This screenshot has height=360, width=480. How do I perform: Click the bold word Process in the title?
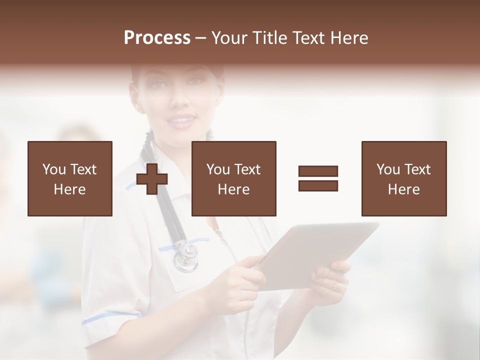(x=157, y=38)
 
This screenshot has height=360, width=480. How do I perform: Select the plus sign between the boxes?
(x=152, y=178)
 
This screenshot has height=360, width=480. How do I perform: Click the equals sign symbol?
(x=318, y=178)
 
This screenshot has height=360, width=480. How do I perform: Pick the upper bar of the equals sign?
(x=318, y=171)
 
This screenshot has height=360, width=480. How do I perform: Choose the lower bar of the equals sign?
(x=318, y=185)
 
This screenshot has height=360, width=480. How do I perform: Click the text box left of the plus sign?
(x=70, y=178)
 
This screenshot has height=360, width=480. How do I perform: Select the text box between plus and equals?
(x=234, y=178)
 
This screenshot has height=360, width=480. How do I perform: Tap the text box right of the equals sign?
(x=404, y=178)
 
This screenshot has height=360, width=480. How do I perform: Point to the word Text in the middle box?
(x=247, y=169)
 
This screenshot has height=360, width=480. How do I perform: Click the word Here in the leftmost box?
(x=70, y=189)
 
